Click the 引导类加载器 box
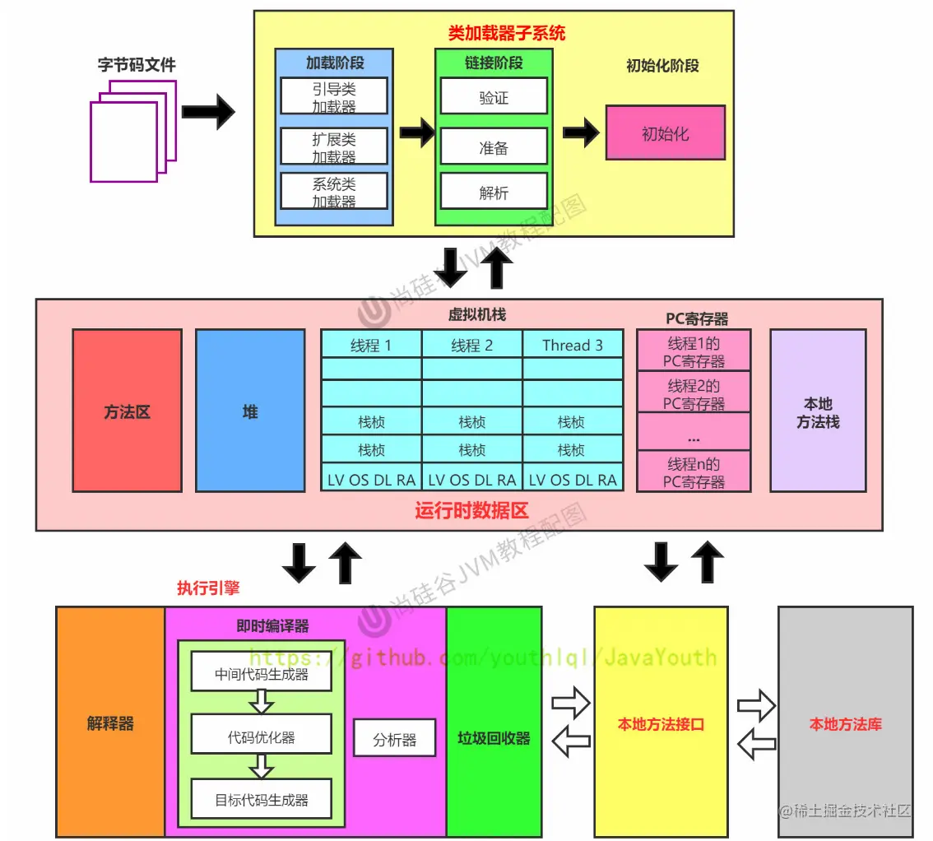(333, 95)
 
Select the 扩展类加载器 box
(333, 146)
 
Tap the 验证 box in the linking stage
(494, 96)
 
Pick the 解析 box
(494, 191)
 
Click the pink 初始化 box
(665, 132)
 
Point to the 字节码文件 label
(137, 64)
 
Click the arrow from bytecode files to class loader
(208, 112)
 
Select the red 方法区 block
(127, 411)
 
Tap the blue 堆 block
(250, 411)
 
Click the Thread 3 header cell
(573, 345)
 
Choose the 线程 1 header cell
(371, 345)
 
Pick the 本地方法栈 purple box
(818, 411)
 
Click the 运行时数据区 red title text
(471, 511)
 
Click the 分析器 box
(394, 738)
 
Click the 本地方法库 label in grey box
(845, 723)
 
